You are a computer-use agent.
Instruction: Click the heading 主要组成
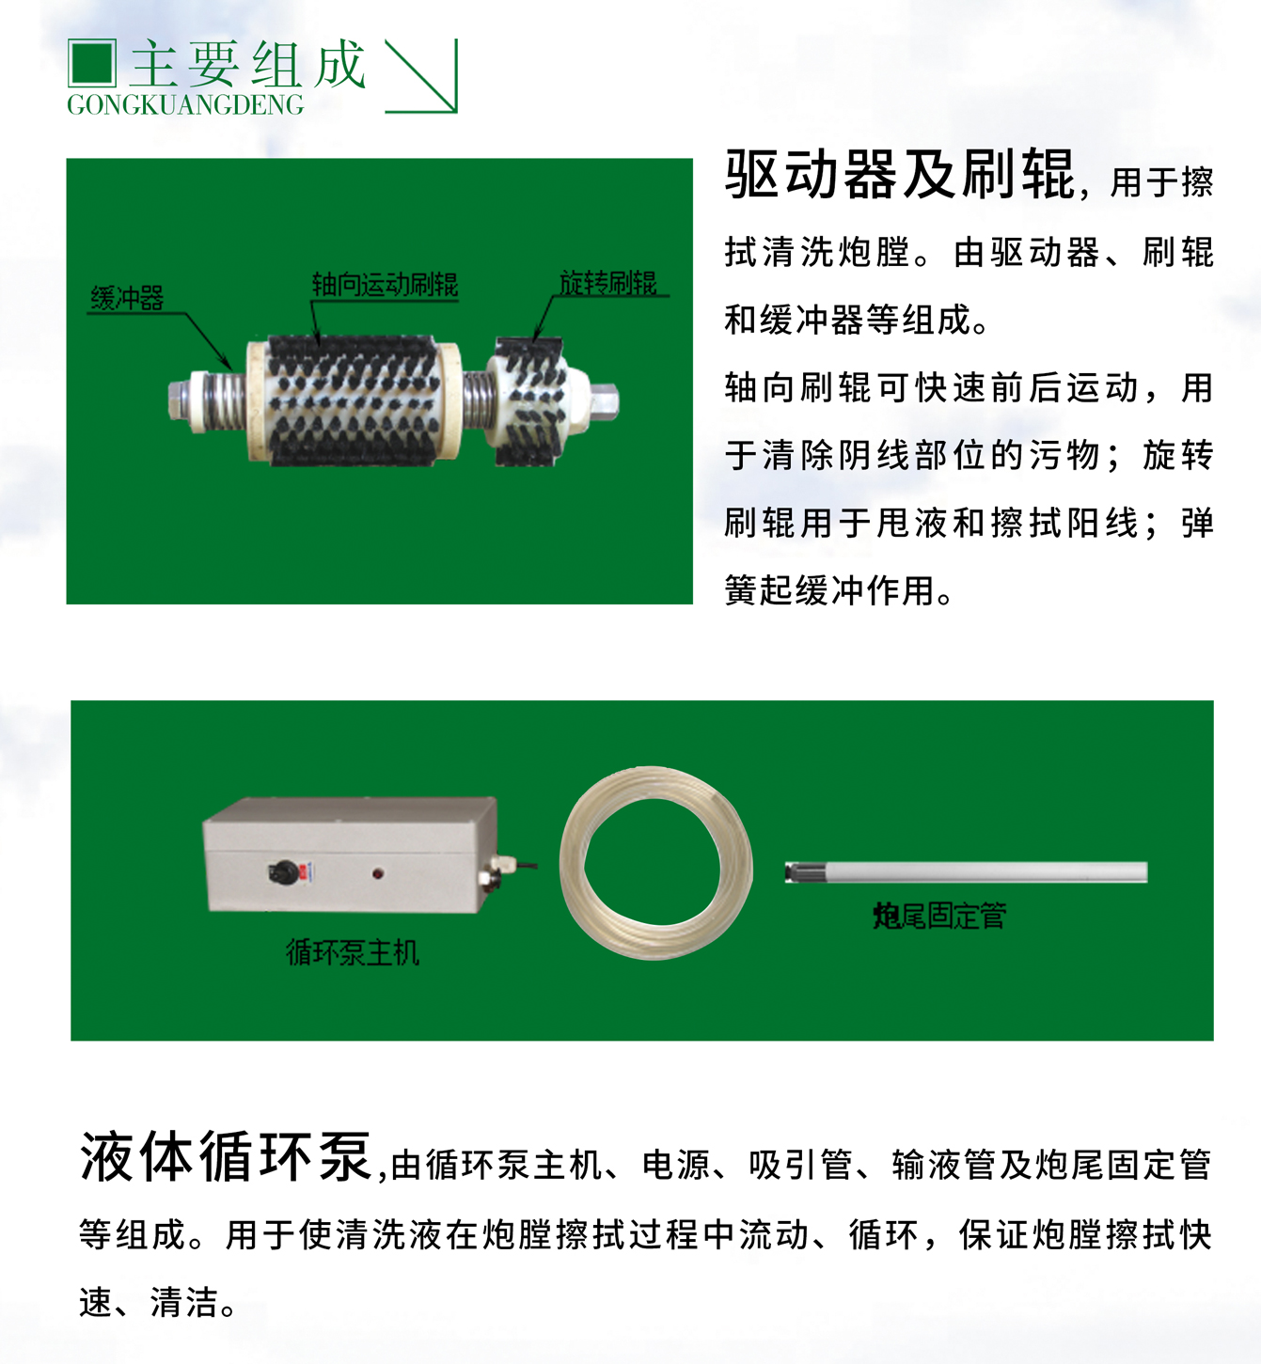click(247, 65)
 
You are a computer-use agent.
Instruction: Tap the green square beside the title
click(92, 63)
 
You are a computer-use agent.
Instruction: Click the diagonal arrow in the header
click(422, 77)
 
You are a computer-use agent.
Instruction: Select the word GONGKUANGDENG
click(185, 105)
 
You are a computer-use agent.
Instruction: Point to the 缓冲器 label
click(127, 299)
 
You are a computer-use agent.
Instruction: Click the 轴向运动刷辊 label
click(385, 285)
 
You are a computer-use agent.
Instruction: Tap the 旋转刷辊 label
click(608, 282)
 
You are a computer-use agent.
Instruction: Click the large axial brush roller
click(354, 400)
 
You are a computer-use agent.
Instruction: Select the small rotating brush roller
click(528, 402)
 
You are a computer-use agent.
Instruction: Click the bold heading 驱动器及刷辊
click(900, 175)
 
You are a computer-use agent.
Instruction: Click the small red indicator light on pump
click(378, 873)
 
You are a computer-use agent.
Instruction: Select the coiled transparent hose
click(655, 863)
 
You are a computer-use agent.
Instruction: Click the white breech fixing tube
click(967, 872)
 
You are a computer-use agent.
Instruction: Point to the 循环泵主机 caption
click(353, 953)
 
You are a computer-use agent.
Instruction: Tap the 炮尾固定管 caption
click(939, 915)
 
